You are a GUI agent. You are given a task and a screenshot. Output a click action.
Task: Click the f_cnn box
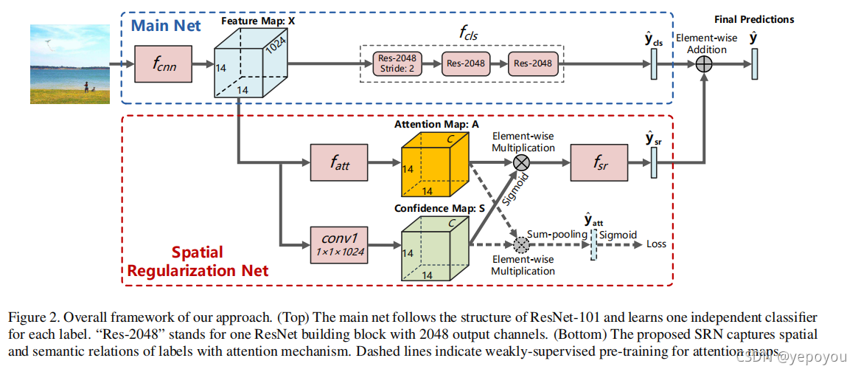[x=163, y=64]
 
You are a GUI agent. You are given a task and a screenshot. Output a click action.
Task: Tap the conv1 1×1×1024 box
[x=338, y=243]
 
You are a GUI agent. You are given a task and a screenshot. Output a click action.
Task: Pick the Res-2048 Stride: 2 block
[x=397, y=63]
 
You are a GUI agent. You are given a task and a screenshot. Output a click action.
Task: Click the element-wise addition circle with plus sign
[x=705, y=64]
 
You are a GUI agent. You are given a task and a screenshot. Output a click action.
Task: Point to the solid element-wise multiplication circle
[x=522, y=162]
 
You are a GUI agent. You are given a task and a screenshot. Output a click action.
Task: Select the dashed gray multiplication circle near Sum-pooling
[x=522, y=244]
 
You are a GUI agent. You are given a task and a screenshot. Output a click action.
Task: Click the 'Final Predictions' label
[x=754, y=19]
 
